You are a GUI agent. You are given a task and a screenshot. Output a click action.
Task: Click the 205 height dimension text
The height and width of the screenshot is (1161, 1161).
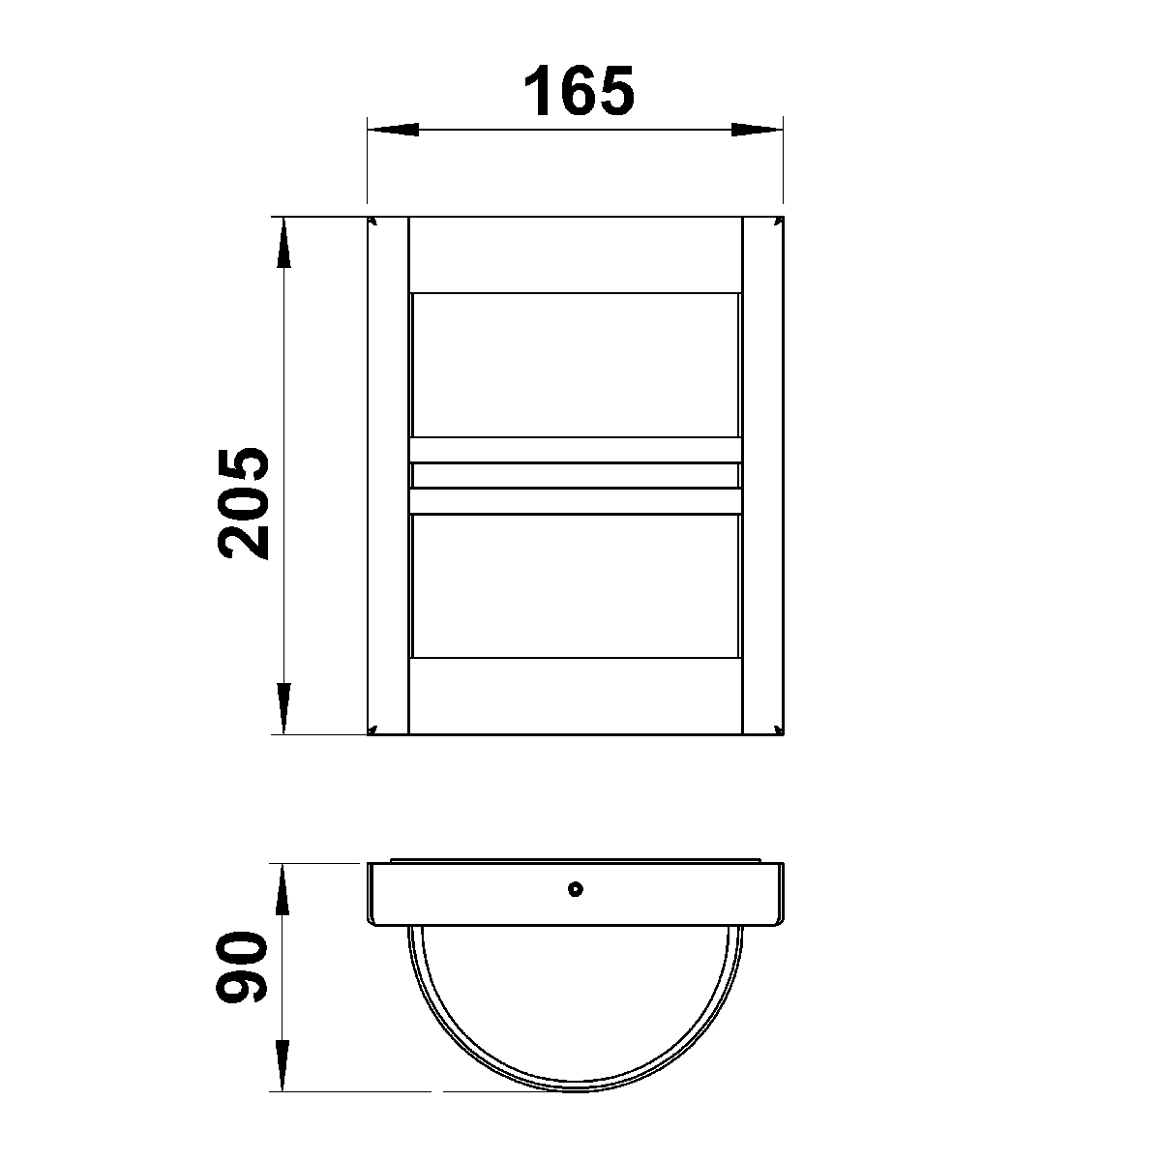243,503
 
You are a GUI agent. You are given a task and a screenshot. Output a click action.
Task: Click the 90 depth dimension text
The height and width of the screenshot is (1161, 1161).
241,967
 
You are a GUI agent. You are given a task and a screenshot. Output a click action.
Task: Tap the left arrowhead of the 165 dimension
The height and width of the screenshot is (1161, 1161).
393,130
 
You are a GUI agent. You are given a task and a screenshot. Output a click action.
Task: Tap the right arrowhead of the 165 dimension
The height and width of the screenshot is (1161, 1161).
757,130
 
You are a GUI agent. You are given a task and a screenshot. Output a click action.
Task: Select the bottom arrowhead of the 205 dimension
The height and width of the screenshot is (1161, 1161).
283,708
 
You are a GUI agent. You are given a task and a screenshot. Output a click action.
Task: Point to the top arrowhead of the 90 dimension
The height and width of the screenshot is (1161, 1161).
283,889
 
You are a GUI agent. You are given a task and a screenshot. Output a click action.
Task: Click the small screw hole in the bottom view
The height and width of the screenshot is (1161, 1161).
576,889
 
